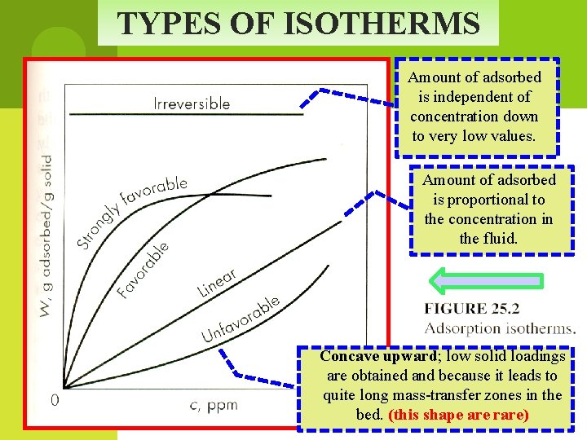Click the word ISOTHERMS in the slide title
382,24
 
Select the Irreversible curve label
192,103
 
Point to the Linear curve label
217,282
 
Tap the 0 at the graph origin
54,401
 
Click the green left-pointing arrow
486,279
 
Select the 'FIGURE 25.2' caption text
472,310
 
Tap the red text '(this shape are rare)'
459,415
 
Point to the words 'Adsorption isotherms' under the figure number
500,328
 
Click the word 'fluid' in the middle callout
498,239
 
